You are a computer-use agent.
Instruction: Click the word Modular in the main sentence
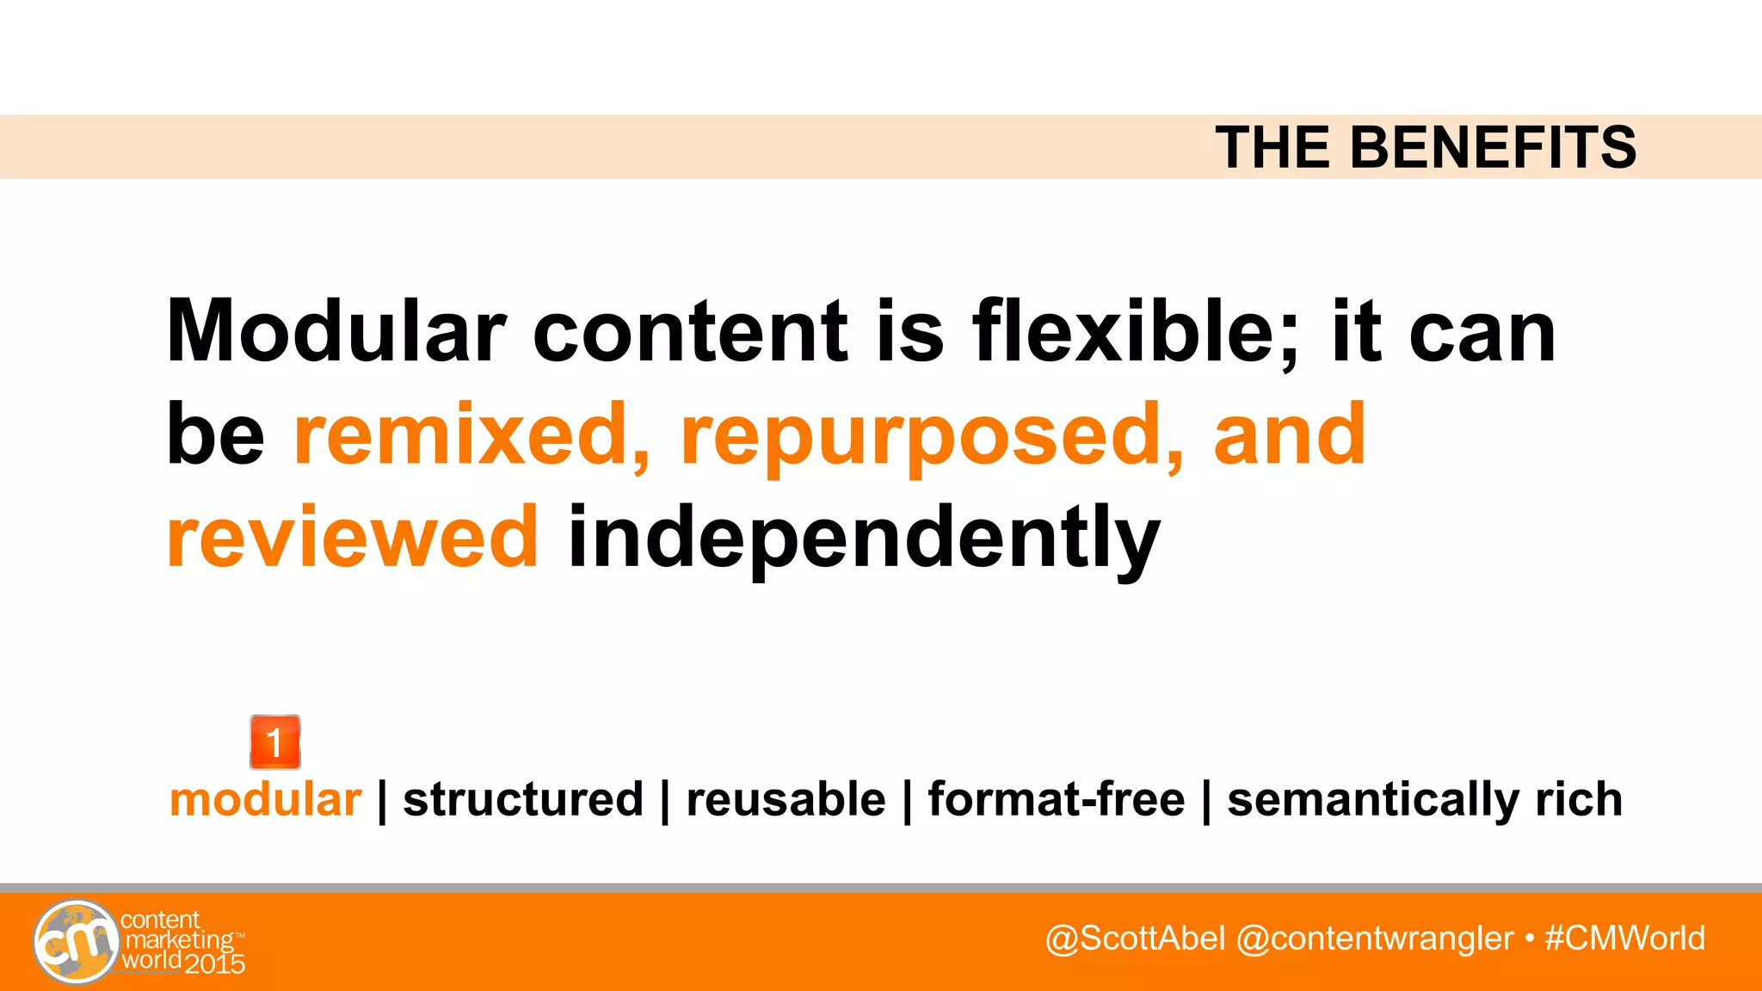[x=336, y=331]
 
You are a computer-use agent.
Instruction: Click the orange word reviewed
[x=353, y=538]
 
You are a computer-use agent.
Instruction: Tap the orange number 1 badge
[x=274, y=742]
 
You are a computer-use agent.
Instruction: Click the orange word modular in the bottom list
[x=265, y=799]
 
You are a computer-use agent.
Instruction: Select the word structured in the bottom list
[x=523, y=799]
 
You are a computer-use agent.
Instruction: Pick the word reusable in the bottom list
[x=786, y=799]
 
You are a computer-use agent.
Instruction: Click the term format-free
[x=1056, y=799]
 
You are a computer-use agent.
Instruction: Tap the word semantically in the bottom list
[x=1372, y=801]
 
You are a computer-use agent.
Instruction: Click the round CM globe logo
[x=76, y=942]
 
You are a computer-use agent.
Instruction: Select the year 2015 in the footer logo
[x=214, y=963]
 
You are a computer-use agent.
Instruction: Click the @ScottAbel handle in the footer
[x=1135, y=939]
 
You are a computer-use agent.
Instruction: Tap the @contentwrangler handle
[x=1374, y=939]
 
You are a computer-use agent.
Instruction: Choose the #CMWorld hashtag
[x=1624, y=939]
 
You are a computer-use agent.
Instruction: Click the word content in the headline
[x=691, y=331]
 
